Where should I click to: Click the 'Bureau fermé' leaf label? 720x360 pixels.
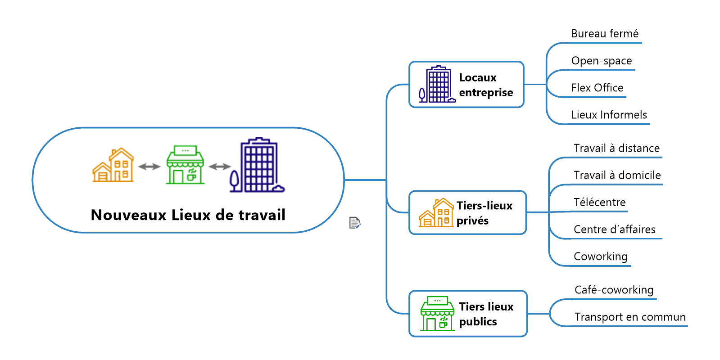pyautogui.click(x=605, y=34)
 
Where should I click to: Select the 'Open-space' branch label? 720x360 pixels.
pyautogui.click(x=602, y=61)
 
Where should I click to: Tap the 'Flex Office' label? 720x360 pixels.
pyautogui.click(x=598, y=88)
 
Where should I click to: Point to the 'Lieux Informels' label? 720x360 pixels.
pyautogui.click(x=609, y=115)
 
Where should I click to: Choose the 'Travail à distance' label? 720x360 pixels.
pyautogui.click(x=616, y=148)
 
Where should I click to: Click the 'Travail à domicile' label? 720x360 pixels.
pyautogui.click(x=617, y=175)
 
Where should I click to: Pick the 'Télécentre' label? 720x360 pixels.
pyautogui.click(x=600, y=202)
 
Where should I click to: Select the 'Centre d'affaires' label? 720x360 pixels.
pyautogui.click(x=615, y=229)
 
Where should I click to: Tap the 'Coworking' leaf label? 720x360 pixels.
pyautogui.click(x=601, y=256)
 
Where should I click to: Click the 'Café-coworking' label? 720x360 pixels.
pyautogui.click(x=614, y=290)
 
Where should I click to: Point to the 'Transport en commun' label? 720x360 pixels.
pyautogui.click(x=630, y=317)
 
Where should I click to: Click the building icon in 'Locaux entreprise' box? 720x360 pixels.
pyautogui.click(x=437, y=84)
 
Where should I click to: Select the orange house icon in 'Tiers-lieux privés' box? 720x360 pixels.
pyautogui.click(x=436, y=212)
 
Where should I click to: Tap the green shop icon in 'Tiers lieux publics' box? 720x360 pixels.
pyautogui.click(x=437, y=313)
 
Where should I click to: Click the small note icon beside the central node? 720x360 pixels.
pyautogui.click(x=355, y=223)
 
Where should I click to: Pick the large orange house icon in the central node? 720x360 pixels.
pyautogui.click(x=113, y=165)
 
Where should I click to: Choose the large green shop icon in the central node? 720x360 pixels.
pyautogui.click(x=185, y=165)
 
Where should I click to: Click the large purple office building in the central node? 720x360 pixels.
pyautogui.click(x=257, y=165)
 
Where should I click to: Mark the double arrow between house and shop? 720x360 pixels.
pyautogui.click(x=149, y=166)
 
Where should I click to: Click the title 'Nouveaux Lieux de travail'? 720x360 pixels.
pyautogui.click(x=188, y=215)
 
